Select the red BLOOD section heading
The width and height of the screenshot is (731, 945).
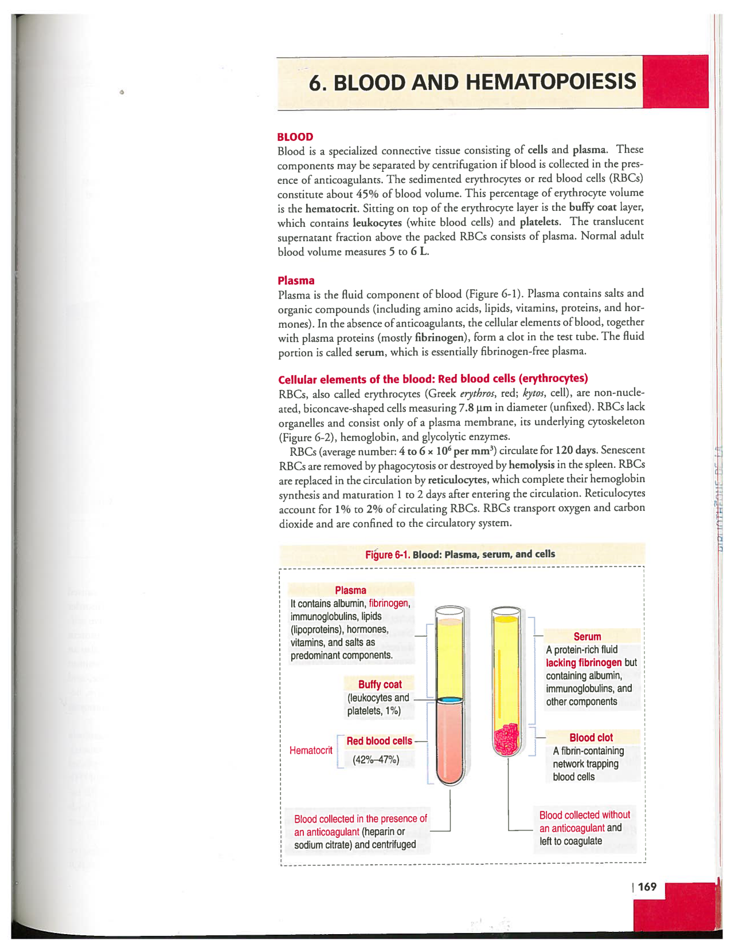(295, 137)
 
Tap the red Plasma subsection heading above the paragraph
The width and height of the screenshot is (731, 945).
(296, 281)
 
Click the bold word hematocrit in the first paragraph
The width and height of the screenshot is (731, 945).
(332, 208)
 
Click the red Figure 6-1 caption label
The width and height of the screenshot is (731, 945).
(388, 554)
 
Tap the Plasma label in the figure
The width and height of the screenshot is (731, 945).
(350, 590)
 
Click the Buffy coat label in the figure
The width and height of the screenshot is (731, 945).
(380, 684)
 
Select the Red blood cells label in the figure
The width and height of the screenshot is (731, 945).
(379, 741)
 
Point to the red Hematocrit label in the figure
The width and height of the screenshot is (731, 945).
(311, 750)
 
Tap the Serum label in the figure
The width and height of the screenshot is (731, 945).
(587, 636)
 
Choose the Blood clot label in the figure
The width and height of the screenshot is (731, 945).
(591, 738)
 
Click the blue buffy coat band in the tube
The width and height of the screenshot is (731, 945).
(449, 700)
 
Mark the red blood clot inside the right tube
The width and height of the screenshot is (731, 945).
(507, 739)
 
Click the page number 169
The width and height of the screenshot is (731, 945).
(647, 887)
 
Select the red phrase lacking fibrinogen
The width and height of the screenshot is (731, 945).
(584, 663)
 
